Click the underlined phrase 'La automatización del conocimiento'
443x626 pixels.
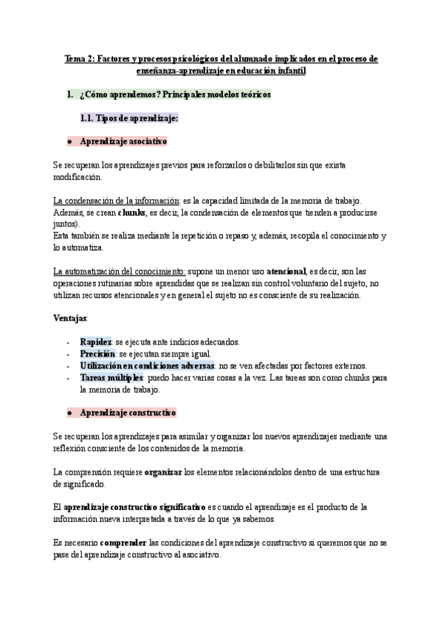coord(120,272)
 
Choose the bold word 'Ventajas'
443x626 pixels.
coord(70,318)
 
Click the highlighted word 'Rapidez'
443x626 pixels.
coord(95,342)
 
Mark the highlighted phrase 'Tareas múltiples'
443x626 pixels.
coord(111,377)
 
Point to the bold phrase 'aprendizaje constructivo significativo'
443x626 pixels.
coord(134,507)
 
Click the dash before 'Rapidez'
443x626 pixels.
coord(69,342)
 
